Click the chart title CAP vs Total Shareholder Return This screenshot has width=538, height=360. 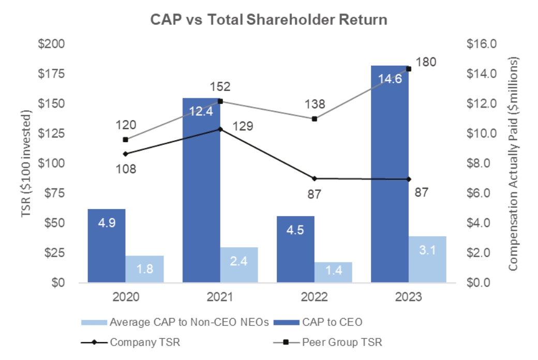(x=268, y=20)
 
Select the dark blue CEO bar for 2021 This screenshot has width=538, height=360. (x=201, y=197)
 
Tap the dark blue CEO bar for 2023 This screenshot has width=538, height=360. (x=389, y=176)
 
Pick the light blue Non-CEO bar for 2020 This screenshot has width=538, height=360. (x=144, y=269)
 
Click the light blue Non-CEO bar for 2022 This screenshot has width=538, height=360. (x=333, y=273)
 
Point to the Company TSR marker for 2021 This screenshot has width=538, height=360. (x=220, y=129)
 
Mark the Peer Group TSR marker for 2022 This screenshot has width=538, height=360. (x=315, y=118)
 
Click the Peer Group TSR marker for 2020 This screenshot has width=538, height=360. (x=126, y=140)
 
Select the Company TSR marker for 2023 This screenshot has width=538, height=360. (x=409, y=179)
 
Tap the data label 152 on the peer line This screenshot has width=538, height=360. (x=220, y=86)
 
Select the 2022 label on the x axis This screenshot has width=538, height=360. (x=314, y=297)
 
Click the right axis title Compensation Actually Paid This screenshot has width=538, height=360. (x=513, y=163)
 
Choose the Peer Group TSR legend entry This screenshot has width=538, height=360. (x=344, y=342)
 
